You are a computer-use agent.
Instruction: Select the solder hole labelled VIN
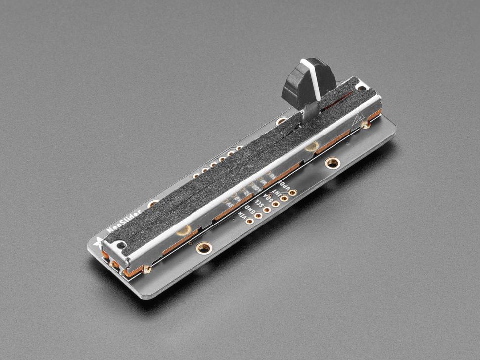pos(249,221)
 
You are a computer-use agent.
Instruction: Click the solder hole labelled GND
pos(258,216)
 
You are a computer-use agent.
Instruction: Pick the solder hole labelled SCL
pos(267,210)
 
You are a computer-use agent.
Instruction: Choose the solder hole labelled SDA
pos(276,204)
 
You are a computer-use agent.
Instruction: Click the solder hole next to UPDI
pos(292,192)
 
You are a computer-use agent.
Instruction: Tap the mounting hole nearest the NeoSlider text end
pos(203,247)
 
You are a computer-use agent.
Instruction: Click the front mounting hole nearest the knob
pos(332,162)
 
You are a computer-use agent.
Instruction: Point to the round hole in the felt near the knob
pos(313,146)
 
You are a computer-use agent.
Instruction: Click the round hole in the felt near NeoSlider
pos(185,229)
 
